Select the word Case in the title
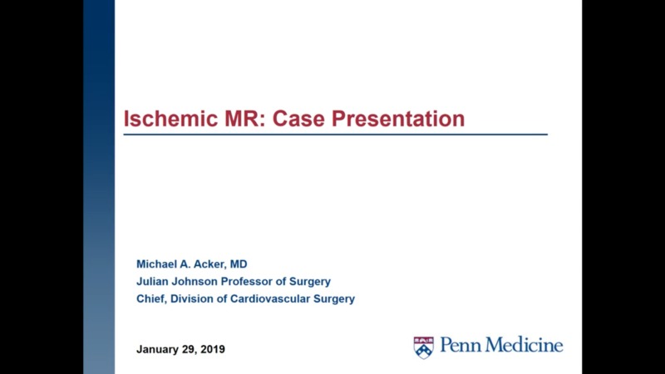click(302, 118)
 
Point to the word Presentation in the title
click(399, 118)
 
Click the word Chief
click(152, 298)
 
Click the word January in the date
click(159, 349)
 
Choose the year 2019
click(213, 349)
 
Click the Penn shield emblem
click(424, 347)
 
